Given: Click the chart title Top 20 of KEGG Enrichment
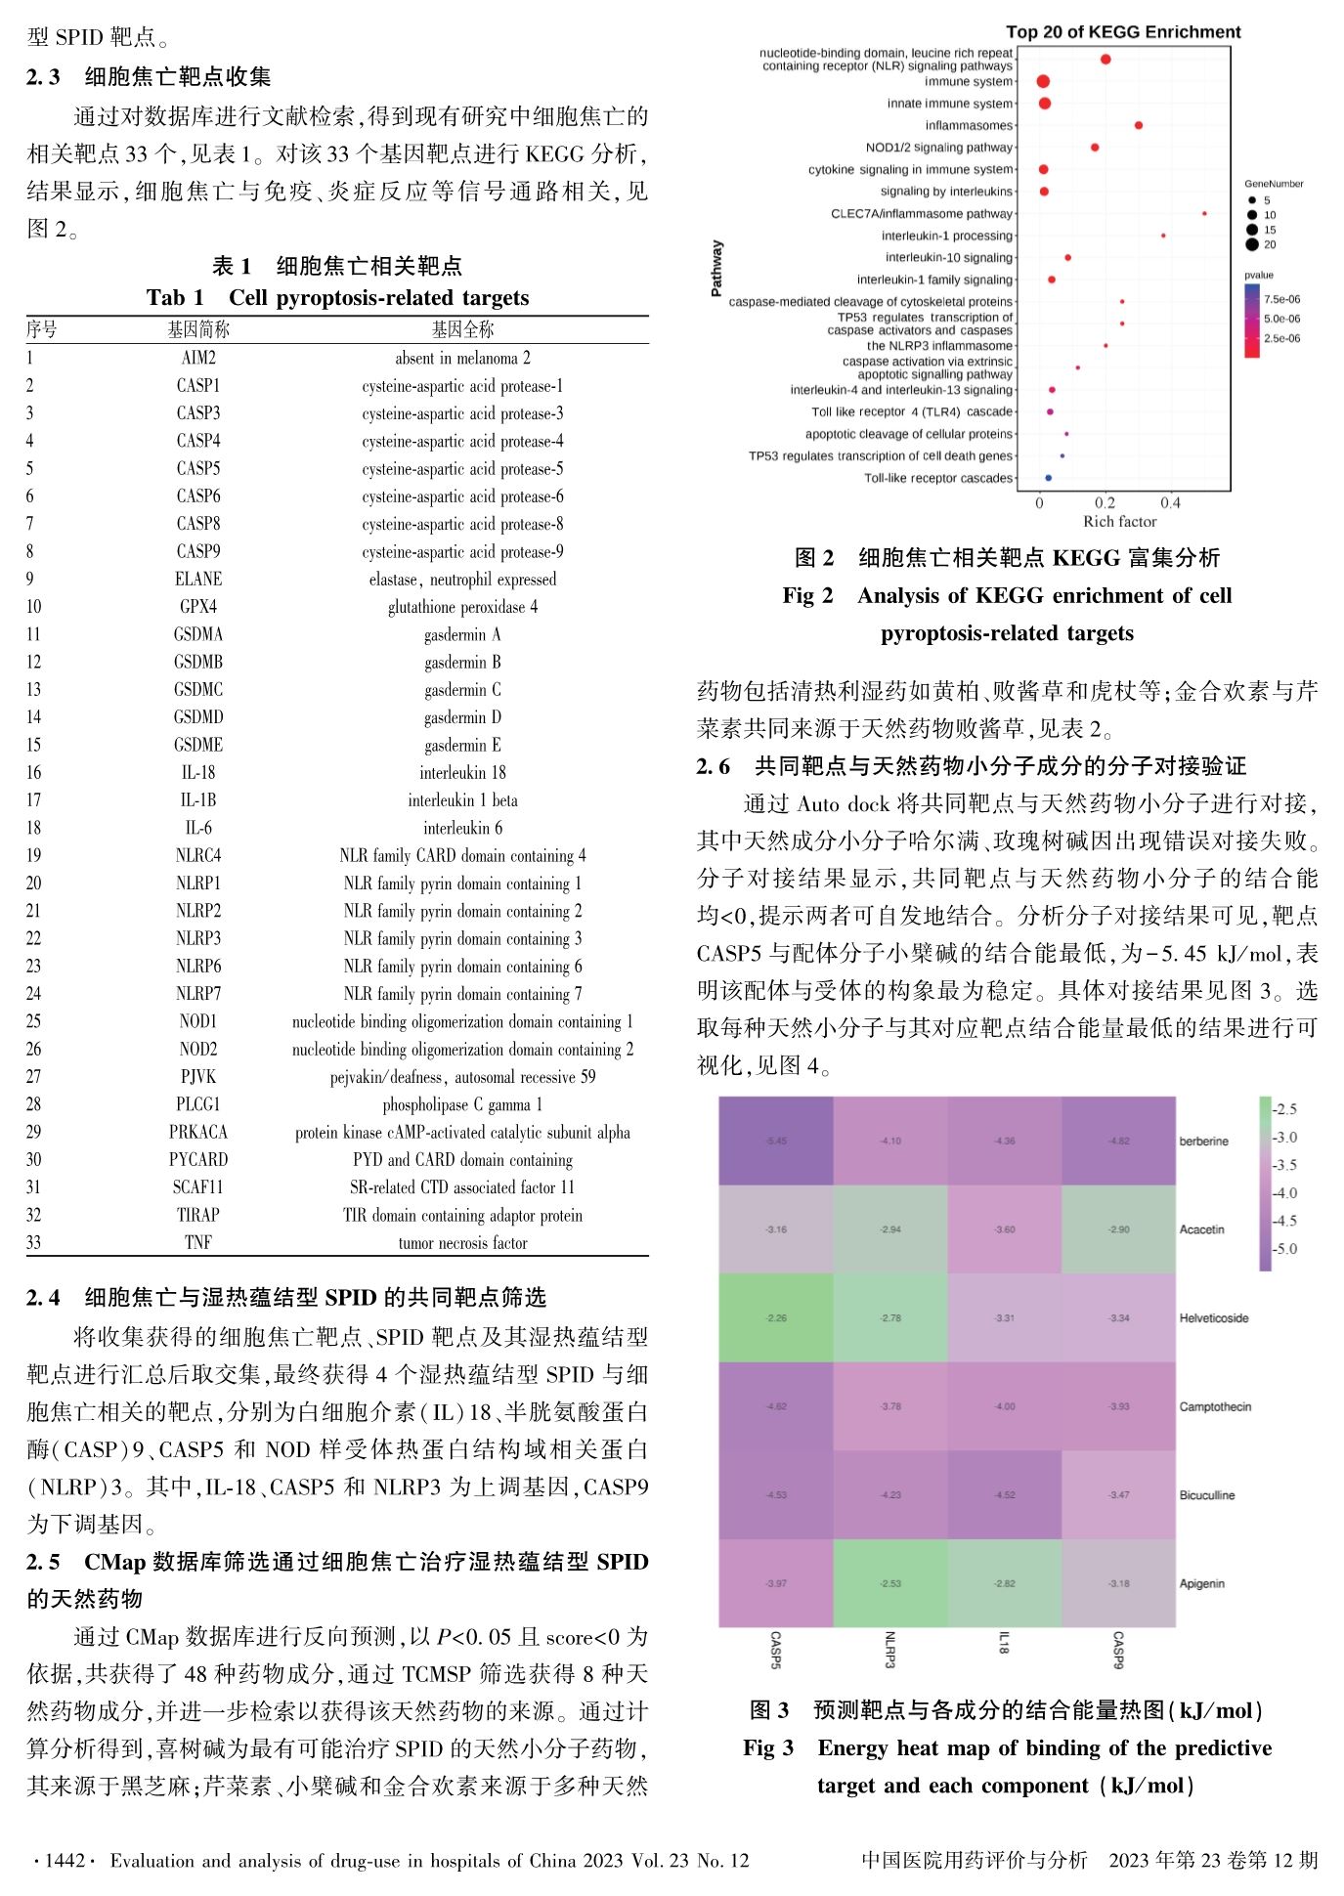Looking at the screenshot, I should [x=1123, y=32].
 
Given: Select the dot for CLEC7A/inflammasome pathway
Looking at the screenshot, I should [x=1204, y=213].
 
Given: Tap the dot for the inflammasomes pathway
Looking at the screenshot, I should [x=1139, y=125].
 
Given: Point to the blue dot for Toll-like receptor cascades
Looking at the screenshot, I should [x=1048, y=478].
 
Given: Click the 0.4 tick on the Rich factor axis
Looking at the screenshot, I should [x=1170, y=503].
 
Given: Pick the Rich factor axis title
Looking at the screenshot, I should [x=1119, y=522].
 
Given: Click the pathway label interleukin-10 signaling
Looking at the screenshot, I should [x=948, y=258].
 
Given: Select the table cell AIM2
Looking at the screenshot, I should [x=198, y=358].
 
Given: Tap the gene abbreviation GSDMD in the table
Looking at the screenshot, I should [x=198, y=717].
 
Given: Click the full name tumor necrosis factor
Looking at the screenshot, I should [x=462, y=1243].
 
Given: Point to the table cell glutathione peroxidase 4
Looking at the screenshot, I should [x=462, y=607].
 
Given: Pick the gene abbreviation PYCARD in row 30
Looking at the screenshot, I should [x=198, y=1160].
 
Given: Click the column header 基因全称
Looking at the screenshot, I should [x=462, y=329].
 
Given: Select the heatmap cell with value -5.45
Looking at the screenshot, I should [x=776, y=1141].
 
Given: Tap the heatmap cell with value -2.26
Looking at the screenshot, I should [x=776, y=1317].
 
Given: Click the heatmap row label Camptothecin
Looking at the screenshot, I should [x=1215, y=1406].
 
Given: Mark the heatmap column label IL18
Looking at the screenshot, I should [x=1004, y=1642].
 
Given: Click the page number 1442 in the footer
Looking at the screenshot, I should [x=65, y=1860].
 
